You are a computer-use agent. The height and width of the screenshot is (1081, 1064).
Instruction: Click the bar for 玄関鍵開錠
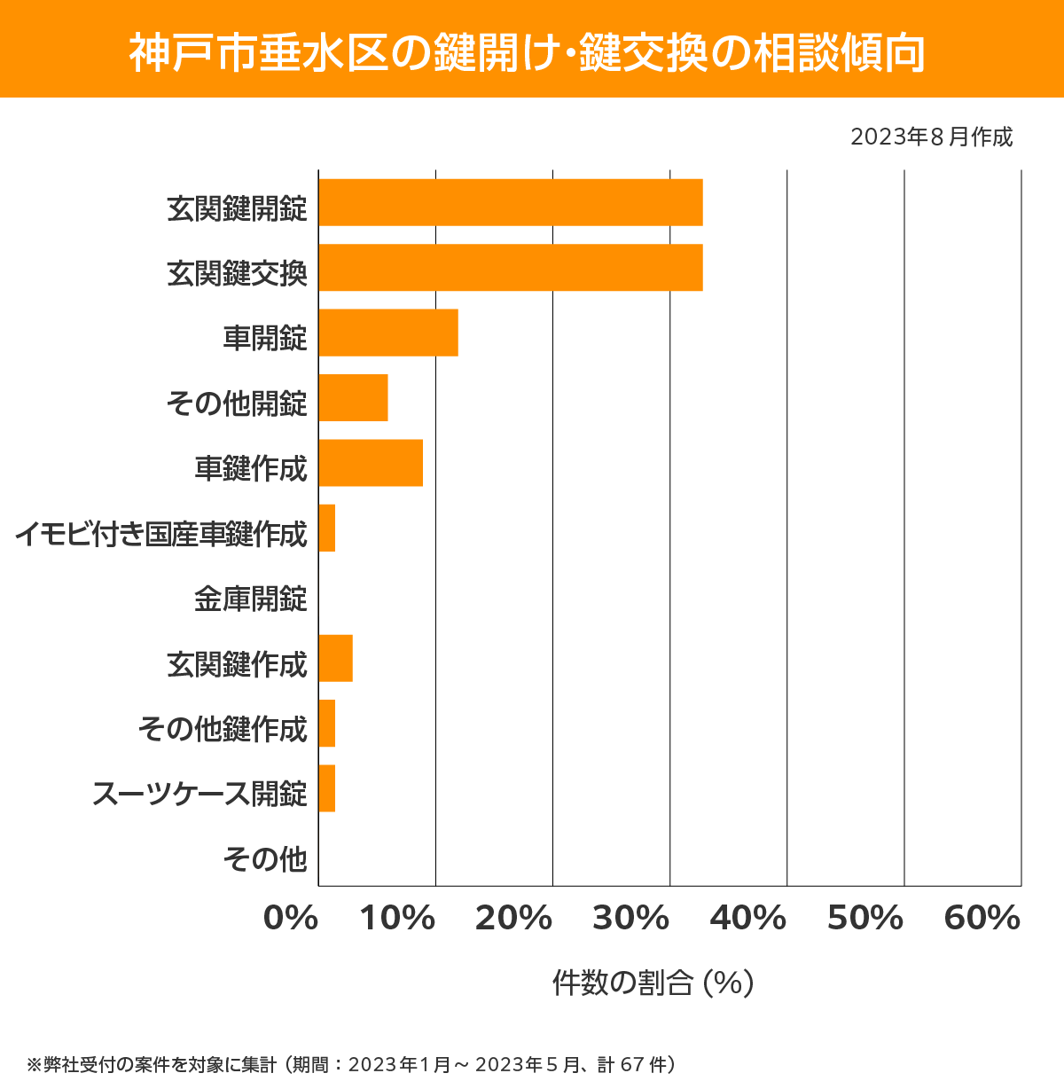[511, 202]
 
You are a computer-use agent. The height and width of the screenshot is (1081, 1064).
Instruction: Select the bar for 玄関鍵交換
[511, 267]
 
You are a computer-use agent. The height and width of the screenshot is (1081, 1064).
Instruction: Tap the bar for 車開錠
[388, 333]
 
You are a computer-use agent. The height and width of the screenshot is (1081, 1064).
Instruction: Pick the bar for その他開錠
[353, 397]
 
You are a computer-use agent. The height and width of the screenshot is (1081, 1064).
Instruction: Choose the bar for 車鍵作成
[371, 463]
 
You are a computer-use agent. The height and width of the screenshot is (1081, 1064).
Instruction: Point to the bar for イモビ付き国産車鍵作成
[327, 528]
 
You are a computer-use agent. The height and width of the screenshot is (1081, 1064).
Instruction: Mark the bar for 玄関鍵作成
[336, 658]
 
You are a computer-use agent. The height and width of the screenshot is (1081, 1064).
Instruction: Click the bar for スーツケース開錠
[327, 788]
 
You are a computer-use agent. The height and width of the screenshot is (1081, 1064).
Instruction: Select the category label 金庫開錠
[251, 599]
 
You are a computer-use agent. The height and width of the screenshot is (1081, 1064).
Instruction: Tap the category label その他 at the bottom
[265, 858]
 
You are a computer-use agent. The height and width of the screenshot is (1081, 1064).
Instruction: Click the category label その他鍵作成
[223, 729]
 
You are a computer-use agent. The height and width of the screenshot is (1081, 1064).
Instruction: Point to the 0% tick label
[291, 919]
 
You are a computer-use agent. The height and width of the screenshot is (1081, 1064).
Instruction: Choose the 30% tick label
[630, 919]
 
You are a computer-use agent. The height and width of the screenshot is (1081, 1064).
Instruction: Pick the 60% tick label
[982, 919]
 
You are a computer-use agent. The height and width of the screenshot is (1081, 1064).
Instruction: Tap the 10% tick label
[397, 919]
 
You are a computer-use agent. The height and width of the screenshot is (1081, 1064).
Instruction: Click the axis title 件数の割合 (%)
[653, 983]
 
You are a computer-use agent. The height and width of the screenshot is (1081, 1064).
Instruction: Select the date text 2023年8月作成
[931, 137]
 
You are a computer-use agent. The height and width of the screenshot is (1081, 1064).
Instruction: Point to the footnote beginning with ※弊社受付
[352, 1063]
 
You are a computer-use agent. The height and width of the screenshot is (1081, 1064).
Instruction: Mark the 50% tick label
[864, 919]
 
